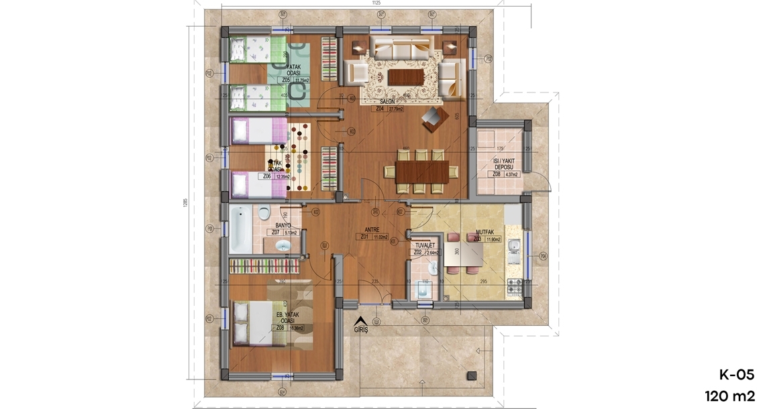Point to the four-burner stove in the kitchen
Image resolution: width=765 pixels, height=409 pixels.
pos(515,286)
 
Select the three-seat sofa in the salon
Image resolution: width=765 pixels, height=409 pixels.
pos(401,48)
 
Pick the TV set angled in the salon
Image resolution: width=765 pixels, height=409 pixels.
pos(432,120)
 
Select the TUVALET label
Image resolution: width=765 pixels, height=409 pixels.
pos(425,245)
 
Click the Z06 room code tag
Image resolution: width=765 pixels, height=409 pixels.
pos(266,176)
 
